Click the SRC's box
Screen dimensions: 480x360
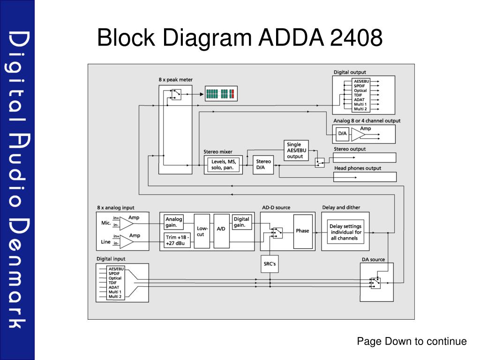(x=270, y=264)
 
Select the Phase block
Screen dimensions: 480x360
(x=303, y=231)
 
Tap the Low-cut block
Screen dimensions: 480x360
(x=202, y=231)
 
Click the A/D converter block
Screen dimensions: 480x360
(x=221, y=231)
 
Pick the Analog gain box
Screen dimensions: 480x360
(x=174, y=222)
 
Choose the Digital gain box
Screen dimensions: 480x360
(x=242, y=222)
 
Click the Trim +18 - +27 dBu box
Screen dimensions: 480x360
(x=177, y=240)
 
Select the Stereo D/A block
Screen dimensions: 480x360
(x=263, y=165)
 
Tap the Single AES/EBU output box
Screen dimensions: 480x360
(x=296, y=150)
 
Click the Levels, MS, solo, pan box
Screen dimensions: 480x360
(x=224, y=165)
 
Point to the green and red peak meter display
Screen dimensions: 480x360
(x=221, y=94)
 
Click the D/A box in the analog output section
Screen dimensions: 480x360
(x=342, y=134)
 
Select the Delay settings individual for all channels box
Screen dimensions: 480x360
(x=345, y=232)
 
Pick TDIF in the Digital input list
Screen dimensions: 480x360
(x=112, y=283)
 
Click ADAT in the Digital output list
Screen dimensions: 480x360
(x=360, y=100)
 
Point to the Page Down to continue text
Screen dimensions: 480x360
(x=412, y=341)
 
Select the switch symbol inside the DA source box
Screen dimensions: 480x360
(x=375, y=283)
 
